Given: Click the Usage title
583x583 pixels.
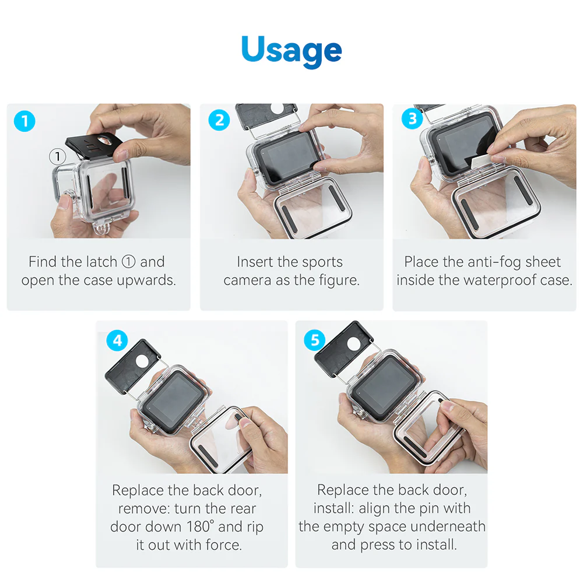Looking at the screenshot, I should (291, 50).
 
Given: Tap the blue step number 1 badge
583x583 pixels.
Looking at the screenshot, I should (24, 121).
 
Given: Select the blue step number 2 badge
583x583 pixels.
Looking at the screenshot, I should (219, 120).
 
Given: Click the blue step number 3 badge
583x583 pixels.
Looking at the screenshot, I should (412, 120).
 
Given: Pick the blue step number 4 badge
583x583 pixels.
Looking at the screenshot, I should (118, 339).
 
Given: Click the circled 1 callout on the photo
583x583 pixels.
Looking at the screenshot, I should (57, 156).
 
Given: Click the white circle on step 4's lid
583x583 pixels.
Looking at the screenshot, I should (143, 362).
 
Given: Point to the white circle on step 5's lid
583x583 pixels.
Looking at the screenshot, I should (352, 344).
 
